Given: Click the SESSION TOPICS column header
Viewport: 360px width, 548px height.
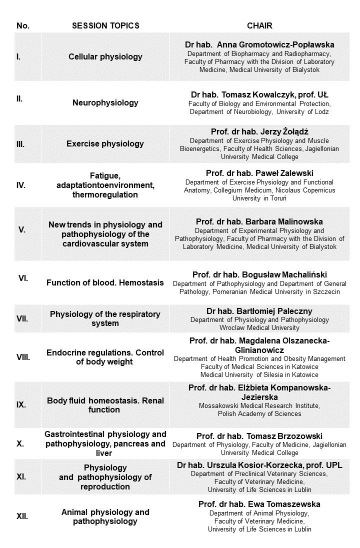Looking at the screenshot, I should coord(105,25).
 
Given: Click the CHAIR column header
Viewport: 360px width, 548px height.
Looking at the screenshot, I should coord(259,25).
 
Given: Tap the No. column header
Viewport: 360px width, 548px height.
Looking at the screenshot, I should coord(22,25).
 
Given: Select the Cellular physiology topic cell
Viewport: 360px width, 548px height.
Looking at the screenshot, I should coord(105,56).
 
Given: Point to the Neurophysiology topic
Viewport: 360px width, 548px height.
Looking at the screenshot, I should coord(105,103).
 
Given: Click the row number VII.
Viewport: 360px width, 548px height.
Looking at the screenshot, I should coord(22,318).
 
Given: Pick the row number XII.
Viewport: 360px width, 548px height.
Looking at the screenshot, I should coord(22,516).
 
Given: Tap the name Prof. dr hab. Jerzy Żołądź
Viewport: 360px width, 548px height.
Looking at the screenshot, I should coord(259,132).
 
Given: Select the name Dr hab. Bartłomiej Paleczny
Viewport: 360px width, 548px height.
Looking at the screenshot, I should coord(259,310).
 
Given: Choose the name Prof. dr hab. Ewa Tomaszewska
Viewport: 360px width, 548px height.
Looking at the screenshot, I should coord(259,504).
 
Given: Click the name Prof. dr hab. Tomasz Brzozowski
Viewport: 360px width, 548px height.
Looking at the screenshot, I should coord(259,436).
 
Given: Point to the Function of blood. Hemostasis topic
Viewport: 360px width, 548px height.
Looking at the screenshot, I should coord(105,282).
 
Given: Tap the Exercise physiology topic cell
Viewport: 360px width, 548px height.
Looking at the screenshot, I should coord(105,144).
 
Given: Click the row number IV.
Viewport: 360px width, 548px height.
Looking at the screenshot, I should coord(21,185).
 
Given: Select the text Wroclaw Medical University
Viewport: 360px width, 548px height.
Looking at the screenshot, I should coord(259,328).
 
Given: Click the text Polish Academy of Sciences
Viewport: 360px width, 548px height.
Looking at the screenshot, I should coord(259,413).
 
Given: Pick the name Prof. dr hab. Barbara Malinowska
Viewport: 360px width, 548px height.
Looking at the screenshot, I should coord(259,221).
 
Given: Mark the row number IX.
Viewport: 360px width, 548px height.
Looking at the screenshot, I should coord(21,404).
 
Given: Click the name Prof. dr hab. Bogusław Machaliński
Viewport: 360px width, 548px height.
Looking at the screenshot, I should coord(259,274).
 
